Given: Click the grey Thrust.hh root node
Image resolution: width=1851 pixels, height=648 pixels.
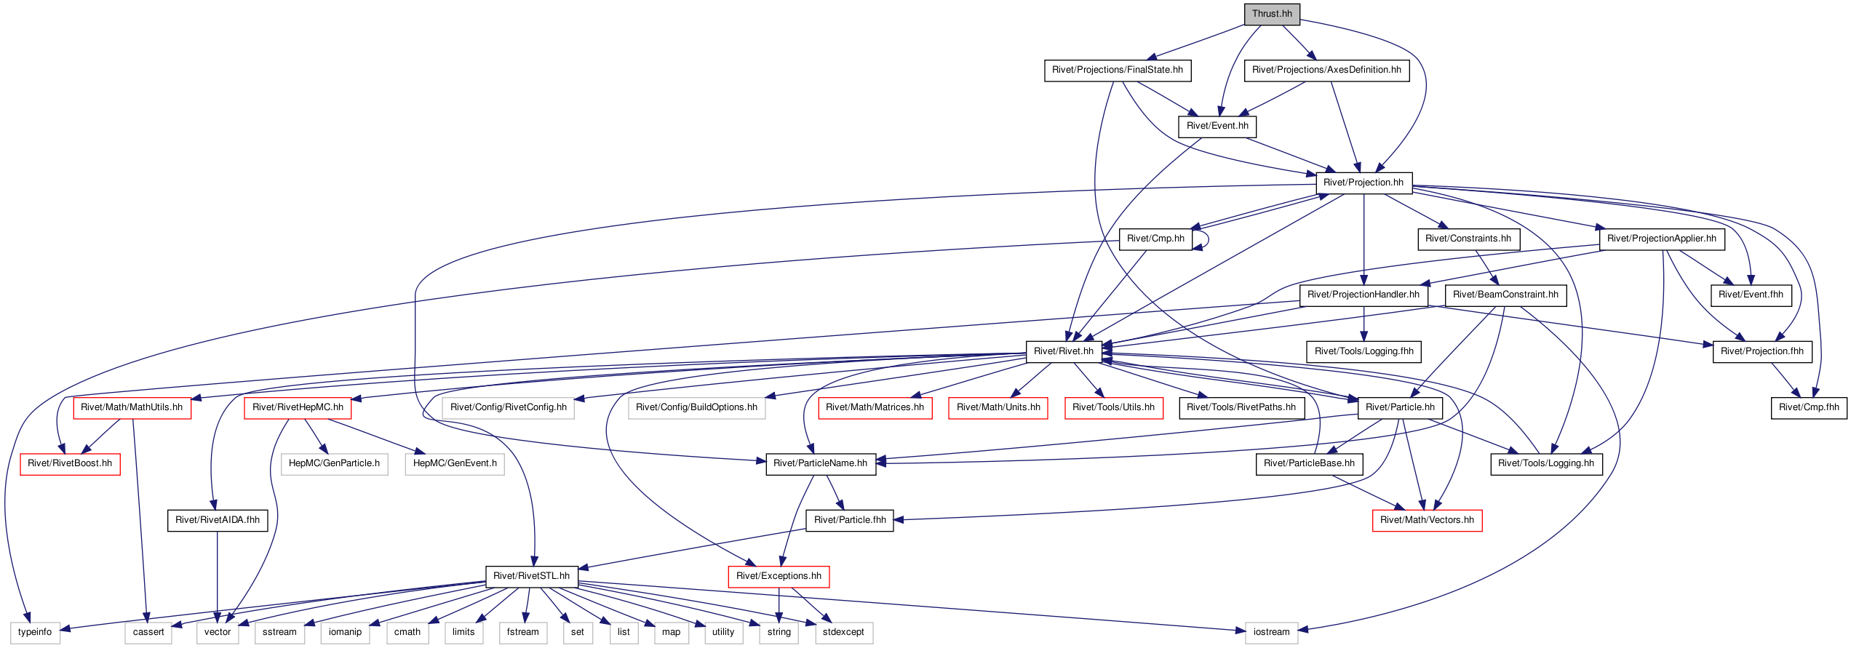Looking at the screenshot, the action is [x=1272, y=14].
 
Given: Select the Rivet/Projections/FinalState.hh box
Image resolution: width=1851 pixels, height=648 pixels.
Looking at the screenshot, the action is [x=1118, y=70].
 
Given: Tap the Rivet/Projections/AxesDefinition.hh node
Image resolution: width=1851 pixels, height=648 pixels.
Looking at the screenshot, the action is [x=1326, y=70].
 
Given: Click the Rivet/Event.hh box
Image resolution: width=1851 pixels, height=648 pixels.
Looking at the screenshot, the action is [x=1217, y=126].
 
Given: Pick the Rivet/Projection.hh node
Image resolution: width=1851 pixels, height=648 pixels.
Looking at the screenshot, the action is [x=1364, y=183].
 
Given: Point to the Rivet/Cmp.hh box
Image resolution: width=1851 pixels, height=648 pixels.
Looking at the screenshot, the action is [x=1155, y=239].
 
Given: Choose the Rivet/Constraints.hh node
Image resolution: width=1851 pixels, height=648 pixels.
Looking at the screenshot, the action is [x=1468, y=239].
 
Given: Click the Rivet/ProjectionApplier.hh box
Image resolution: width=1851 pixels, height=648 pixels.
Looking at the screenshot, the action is [x=1662, y=239].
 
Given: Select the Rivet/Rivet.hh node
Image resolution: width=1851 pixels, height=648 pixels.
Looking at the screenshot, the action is [x=1064, y=351].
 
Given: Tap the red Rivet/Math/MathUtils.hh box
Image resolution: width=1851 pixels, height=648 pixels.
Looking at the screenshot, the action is [x=132, y=407].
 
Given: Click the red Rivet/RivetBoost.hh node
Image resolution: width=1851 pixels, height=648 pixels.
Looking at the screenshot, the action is [x=70, y=463].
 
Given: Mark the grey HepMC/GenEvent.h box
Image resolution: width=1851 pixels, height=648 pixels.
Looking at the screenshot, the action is [x=455, y=463].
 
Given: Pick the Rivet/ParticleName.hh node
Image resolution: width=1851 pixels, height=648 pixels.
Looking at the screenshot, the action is [x=821, y=463].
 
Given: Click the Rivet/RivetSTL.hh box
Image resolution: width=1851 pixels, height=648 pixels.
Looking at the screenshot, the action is [x=532, y=576].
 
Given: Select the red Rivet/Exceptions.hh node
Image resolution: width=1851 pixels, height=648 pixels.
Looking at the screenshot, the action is [x=779, y=576].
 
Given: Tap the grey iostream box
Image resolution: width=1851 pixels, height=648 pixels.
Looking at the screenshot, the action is [x=1271, y=632].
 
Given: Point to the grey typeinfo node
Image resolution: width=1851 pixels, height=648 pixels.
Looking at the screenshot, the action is [x=35, y=632].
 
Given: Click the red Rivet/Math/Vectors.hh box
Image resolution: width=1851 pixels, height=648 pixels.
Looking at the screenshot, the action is [x=1427, y=520].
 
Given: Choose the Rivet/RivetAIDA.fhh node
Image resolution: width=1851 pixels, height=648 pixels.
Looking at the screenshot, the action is [x=218, y=520].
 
